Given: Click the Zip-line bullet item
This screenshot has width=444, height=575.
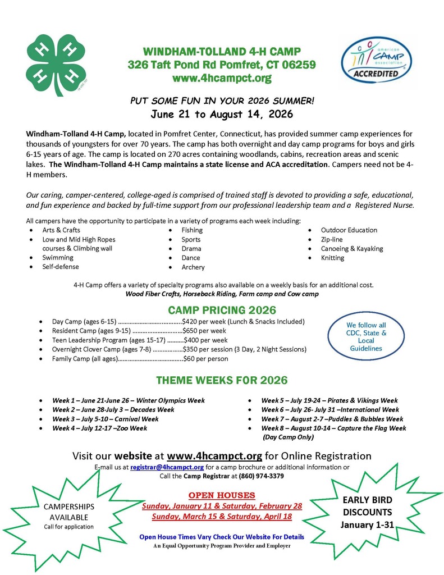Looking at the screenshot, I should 332,239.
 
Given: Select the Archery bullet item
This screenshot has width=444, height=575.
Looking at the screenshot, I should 193,267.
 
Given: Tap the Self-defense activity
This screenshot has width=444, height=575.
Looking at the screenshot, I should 61,267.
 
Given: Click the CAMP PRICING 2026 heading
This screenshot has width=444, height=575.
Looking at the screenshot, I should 222,310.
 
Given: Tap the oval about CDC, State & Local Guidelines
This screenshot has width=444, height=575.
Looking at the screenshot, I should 366,337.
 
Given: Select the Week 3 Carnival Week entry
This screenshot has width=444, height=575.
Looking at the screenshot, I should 106,419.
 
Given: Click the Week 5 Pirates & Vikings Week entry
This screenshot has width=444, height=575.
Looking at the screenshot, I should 329,400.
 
